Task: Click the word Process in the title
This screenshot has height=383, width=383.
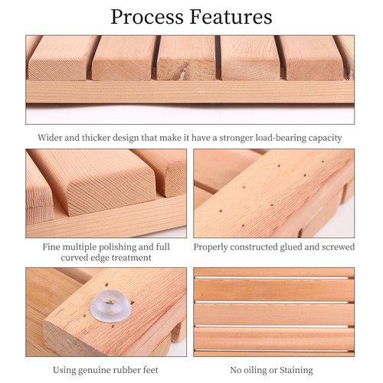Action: tap(147, 16)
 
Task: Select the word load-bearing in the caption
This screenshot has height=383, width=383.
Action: tap(277, 138)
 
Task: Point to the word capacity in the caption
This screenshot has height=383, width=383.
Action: tap(322, 138)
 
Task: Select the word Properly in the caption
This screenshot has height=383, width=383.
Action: tap(212, 247)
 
